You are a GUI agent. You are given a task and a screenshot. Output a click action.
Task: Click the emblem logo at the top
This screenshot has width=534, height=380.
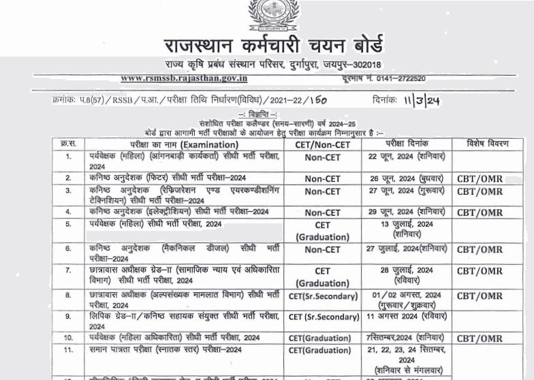[x=267, y=15]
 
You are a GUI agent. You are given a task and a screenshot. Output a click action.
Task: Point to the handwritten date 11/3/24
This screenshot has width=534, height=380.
[x=421, y=100]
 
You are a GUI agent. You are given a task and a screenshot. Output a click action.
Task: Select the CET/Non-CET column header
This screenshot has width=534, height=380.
[x=322, y=144]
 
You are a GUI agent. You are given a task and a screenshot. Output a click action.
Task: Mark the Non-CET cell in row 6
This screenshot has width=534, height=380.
[x=322, y=249]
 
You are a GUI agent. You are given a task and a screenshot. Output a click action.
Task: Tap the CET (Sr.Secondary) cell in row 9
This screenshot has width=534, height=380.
[x=323, y=317]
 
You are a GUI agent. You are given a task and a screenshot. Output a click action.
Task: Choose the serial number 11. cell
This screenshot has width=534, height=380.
[x=68, y=350]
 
